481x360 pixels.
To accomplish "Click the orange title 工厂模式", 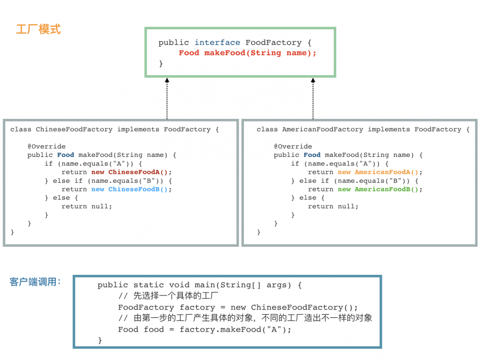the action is pos(38,29).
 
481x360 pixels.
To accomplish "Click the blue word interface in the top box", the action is pos(217,42).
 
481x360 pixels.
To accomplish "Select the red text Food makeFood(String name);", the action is pos(247,53).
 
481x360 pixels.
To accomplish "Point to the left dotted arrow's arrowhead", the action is pos(167,80).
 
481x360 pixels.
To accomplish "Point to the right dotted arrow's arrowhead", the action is pos(313,80).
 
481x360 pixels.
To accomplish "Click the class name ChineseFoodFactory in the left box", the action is pos(74,129).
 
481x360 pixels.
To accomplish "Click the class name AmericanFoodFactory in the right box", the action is pos(322,129).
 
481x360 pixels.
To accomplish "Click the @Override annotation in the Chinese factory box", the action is pos(46,146).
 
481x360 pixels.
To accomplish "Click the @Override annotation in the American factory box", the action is pos(293,146).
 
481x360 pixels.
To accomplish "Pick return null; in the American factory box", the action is pos(333,206).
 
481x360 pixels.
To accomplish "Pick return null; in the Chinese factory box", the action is pos(87,206).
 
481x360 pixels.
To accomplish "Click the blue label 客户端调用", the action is pos(33,282).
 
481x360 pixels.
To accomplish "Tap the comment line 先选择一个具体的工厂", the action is pos(176,296).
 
